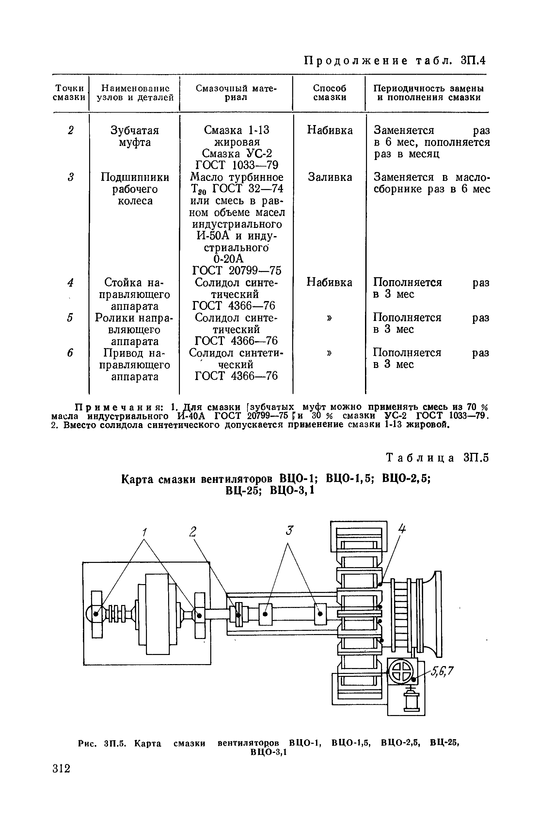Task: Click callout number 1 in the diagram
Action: [144, 532]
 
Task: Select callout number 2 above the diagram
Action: [193, 532]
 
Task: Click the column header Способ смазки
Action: [329, 93]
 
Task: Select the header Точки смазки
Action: [69, 93]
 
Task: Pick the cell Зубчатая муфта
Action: [135, 136]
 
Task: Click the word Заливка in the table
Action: [329, 177]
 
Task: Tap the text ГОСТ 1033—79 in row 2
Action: [237, 165]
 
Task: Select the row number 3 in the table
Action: [71, 177]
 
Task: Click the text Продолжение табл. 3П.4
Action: [395, 61]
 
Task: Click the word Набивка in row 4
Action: [329, 282]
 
